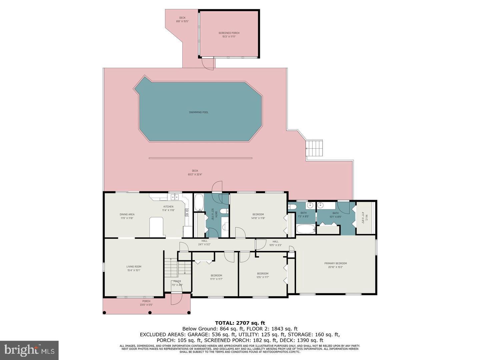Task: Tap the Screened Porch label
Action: (229, 33)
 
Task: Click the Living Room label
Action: (134, 267)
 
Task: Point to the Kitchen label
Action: (168, 207)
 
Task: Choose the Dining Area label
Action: (127, 214)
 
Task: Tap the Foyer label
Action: (177, 281)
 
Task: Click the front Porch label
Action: (146, 301)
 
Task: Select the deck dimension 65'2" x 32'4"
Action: (195, 174)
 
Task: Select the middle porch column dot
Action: (150, 313)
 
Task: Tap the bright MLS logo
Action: (29, 350)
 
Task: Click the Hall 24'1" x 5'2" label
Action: (204, 242)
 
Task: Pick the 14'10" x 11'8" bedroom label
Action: (258, 216)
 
